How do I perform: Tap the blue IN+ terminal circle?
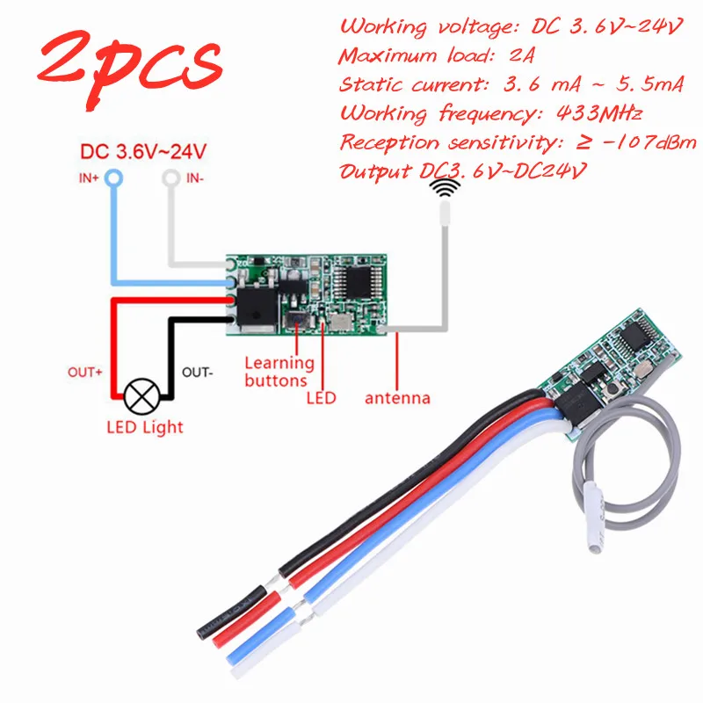[114, 179]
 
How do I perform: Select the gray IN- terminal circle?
[170, 179]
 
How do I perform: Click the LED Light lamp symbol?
[139, 396]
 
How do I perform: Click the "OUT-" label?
[199, 372]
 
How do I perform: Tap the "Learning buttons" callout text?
[278, 371]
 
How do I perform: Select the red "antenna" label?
[398, 398]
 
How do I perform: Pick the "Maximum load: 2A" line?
[436, 57]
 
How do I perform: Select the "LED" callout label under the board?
[322, 398]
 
